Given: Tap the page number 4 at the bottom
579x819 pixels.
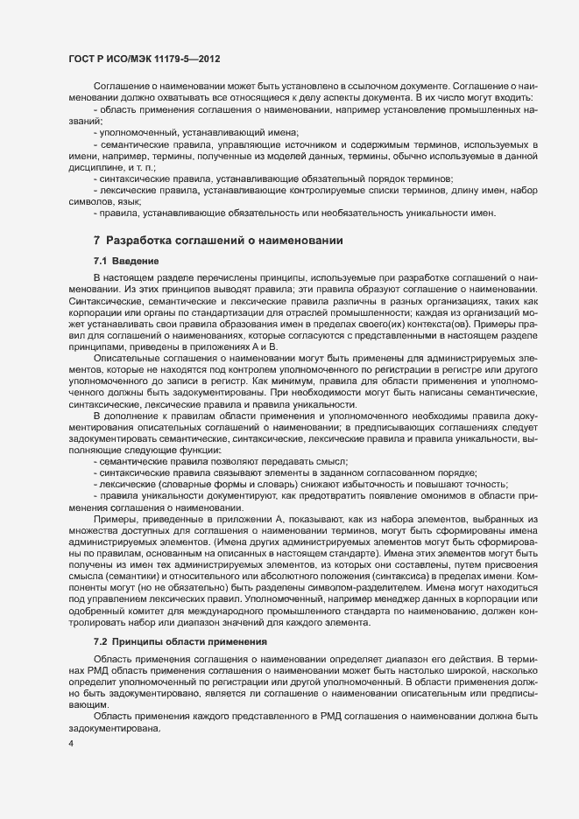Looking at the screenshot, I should tap(70, 744).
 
